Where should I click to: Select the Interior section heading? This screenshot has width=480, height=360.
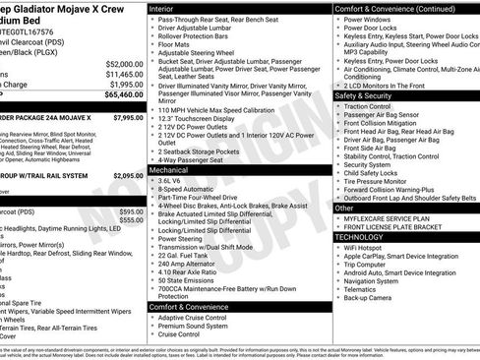click(x=167, y=8)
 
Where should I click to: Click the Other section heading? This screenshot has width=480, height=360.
click(x=344, y=209)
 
